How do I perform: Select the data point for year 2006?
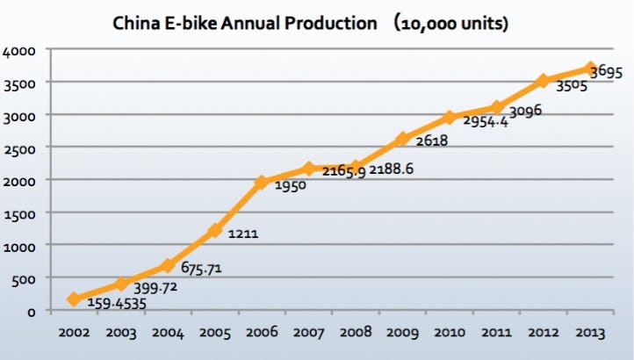coord(262,183)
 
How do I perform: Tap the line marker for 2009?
coord(401,139)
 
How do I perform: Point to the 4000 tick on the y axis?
coord(21,51)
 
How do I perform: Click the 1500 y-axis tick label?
coord(21,213)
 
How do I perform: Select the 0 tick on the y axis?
coord(30,311)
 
